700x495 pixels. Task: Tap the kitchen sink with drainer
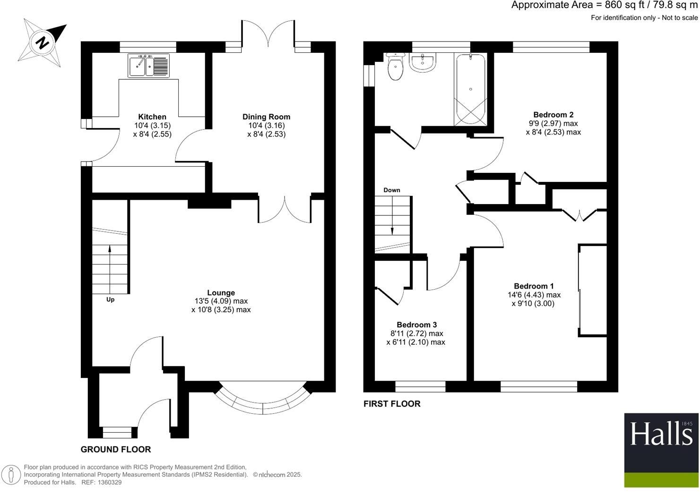click(148, 65)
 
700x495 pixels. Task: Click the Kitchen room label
click(152, 117)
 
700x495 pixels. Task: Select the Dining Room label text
click(266, 117)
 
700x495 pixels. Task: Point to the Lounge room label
click(221, 293)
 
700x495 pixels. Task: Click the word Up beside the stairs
click(110, 299)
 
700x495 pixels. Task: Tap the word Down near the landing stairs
click(391, 190)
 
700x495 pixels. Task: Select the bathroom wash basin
click(422, 62)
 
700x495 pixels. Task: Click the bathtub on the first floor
click(470, 89)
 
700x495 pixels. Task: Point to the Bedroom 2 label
click(553, 115)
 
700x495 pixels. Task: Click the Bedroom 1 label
click(534, 286)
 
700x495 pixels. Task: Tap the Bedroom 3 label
click(416, 325)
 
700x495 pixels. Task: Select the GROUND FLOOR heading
click(116, 450)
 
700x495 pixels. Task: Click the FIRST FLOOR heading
click(392, 404)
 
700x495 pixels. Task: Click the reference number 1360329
click(108, 482)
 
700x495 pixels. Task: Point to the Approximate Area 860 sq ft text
click(604, 6)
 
